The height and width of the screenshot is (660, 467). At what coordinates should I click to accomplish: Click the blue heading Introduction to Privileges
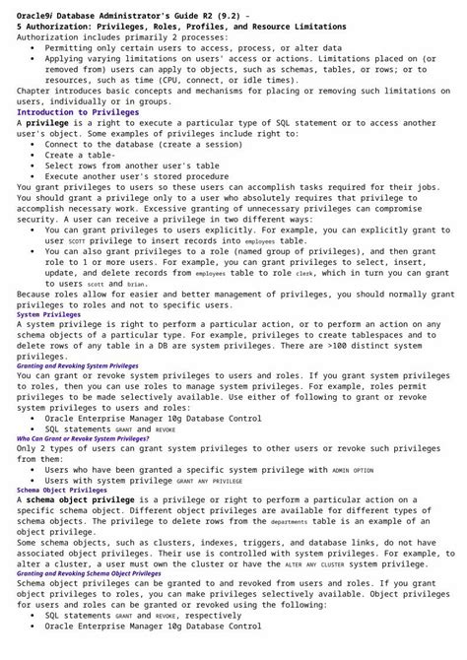pyautogui.click(x=78, y=111)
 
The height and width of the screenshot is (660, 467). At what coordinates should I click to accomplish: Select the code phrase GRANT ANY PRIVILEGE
pyautogui.click(x=209, y=482)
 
